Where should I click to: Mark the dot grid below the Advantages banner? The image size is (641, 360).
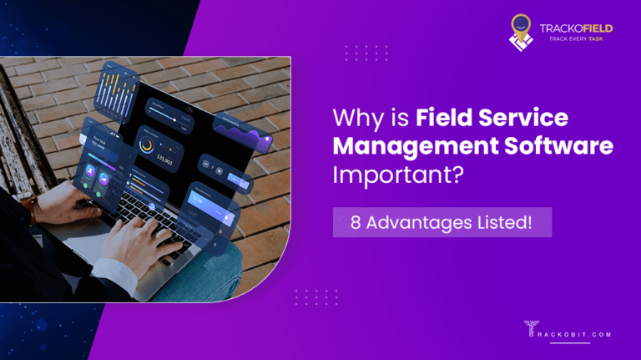tap(315, 297)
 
